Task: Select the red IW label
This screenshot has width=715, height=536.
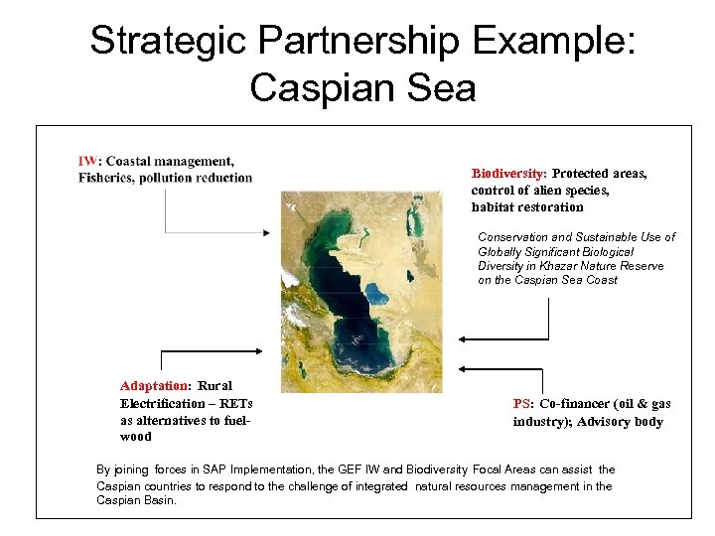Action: [88, 162]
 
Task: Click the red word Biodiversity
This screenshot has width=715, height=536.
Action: [508, 173]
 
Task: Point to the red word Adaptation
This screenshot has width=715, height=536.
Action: [154, 385]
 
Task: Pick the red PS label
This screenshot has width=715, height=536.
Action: [522, 404]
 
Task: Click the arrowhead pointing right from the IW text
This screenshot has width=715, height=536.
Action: [265, 233]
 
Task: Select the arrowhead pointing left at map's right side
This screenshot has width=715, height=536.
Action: [463, 338]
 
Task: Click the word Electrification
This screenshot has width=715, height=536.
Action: [165, 403]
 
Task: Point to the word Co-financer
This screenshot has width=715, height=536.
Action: [579, 404]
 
